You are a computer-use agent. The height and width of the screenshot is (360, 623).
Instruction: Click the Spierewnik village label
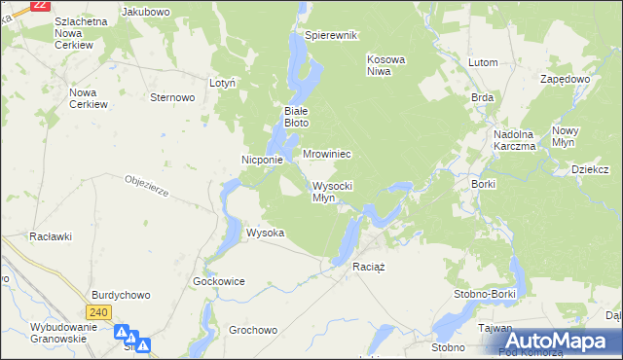coord(332,35)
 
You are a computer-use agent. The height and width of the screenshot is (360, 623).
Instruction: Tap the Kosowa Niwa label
coord(385,65)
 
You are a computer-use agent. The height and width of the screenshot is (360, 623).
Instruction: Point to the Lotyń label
coord(223,84)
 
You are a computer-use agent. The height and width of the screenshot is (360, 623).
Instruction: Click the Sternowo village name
coord(173,97)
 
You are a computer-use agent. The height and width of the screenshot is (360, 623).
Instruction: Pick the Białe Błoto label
coord(296,117)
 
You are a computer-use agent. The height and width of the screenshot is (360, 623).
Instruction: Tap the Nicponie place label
coord(262,160)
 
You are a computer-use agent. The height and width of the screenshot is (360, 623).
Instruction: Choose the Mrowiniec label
coord(326,154)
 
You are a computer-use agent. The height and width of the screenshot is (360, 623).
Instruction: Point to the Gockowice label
coord(219,281)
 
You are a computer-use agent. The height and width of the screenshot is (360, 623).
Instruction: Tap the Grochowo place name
coord(253,330)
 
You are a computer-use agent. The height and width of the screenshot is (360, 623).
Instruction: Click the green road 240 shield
coord(97,312)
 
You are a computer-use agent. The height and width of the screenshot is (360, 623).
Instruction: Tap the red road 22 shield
coord(40,4)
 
